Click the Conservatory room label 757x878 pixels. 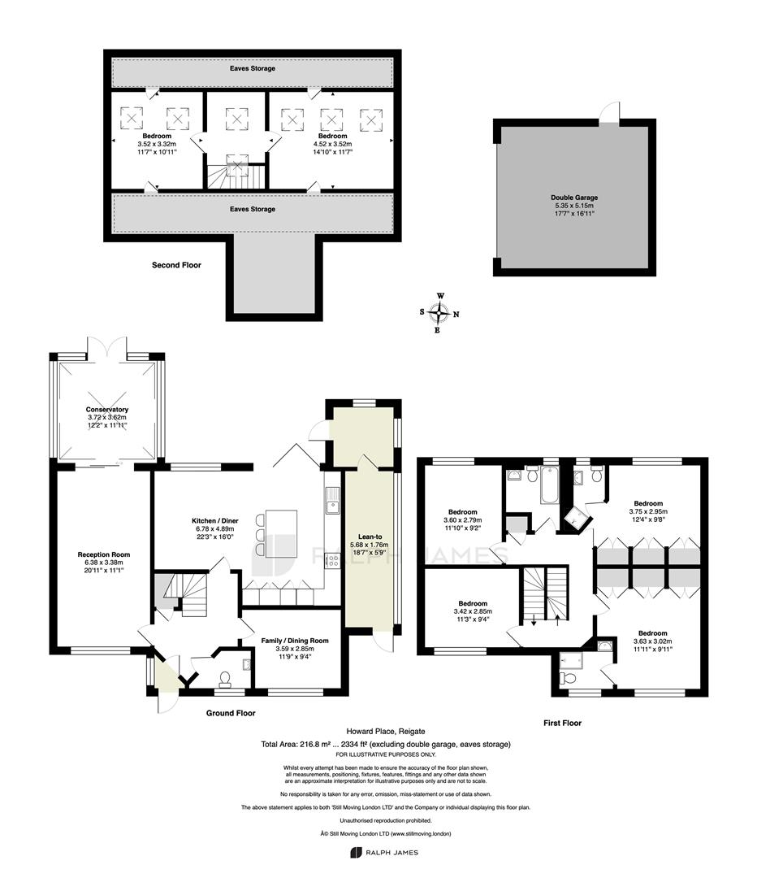coord(107,409)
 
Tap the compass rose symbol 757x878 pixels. coord(439,313)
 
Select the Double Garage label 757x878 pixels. coord(574,197)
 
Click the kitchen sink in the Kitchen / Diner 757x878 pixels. coord(332,500)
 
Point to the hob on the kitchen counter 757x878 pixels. coord(332,560)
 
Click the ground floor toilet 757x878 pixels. coord(226,679)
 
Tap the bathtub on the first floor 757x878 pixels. coord(548,486)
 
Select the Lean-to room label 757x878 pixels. coord(370,537)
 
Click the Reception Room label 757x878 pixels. coord(103,554)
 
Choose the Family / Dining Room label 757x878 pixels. coord(295,641)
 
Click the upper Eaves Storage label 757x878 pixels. coord(253,68)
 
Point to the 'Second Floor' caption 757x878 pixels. coord(176,265)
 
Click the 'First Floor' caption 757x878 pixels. coord(562,723)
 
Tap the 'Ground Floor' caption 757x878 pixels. coord(231,713)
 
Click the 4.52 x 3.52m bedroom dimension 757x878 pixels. coord(332,144)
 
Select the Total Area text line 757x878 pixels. coord(386,744)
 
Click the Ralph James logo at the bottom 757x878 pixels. coord(384,853)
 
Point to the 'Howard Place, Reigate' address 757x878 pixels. coord(386,731)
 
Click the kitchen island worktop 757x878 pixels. coord(281,533)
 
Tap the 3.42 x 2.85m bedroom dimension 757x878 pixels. coord(473,611)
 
